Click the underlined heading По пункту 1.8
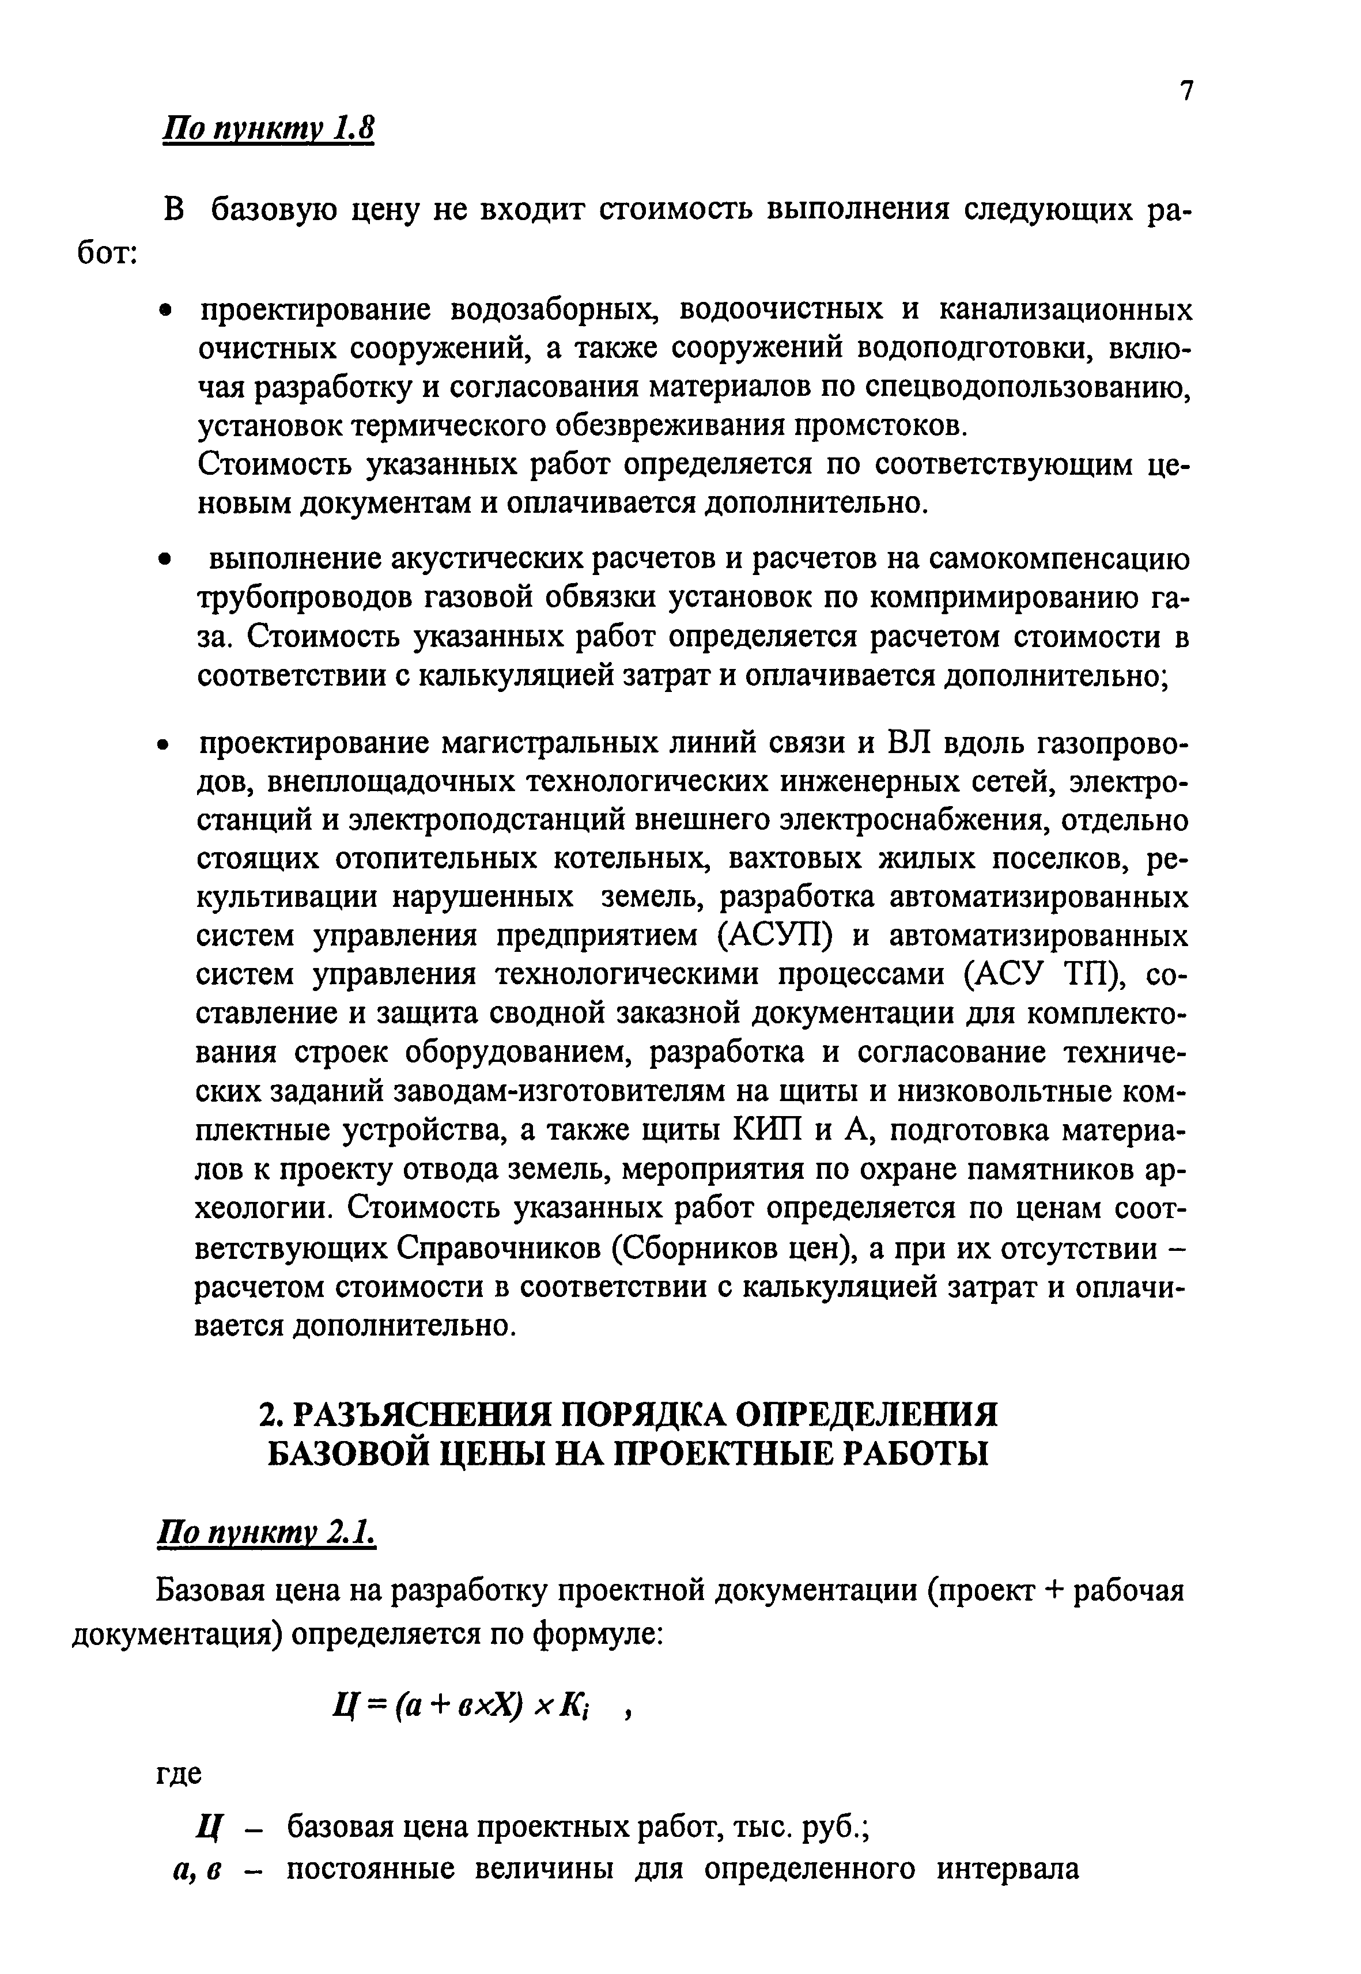point(269,130)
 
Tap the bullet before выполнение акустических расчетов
point(167,560)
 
